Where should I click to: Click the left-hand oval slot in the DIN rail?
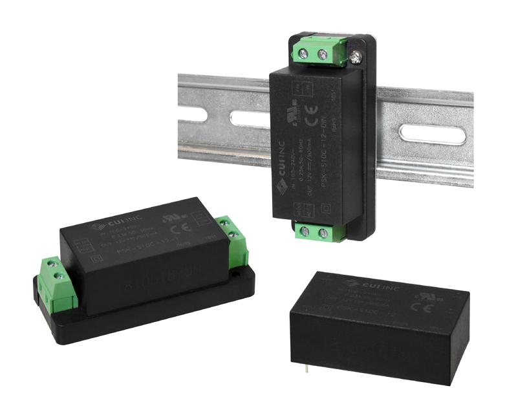tap(248, 119)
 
